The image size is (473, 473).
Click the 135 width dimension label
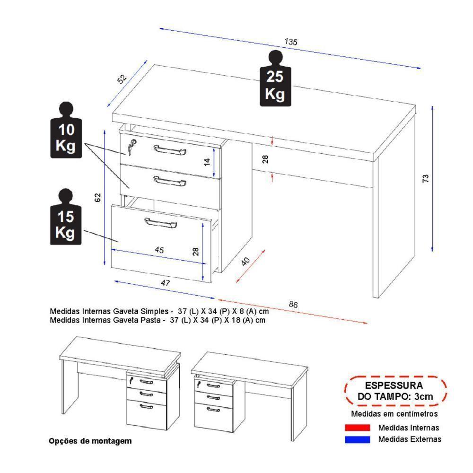coord(290,42)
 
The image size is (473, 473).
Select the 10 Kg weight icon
coord(65,131)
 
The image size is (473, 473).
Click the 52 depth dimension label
coord(123,79)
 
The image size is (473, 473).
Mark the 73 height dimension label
coord(425,178)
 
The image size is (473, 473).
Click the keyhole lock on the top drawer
coord(131,149)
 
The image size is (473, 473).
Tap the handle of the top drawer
coord(170,150)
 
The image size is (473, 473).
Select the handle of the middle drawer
coord(170,181)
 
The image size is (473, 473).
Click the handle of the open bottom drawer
coord(160,223)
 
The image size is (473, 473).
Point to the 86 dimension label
coord(293,305)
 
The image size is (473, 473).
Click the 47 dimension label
coord(165,283)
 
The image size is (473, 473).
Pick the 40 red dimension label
coord(245,262)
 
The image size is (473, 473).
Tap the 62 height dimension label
coord(98,197)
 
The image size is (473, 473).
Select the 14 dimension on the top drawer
coord(207,162)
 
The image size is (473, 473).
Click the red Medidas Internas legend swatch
coord(357,428)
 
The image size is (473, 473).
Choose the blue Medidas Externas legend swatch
coord(357,439)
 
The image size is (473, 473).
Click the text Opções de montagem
coord(90,441)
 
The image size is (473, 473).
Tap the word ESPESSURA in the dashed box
coord(394,386)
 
